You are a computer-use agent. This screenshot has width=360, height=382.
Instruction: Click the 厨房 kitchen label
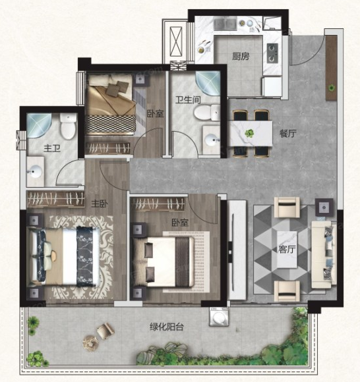pyautogui.click(x=241, y=57)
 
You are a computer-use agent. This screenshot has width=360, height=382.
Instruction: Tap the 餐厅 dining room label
pyautogui.click(x=288, y=133)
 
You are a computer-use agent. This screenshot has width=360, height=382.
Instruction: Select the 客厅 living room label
pyautogui.click(x=287, y=249)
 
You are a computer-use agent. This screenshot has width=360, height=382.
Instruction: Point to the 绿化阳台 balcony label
pyautogui.click(x=167, y=327)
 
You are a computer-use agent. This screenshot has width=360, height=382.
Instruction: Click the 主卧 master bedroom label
pyautogui.click(x=100, y=204)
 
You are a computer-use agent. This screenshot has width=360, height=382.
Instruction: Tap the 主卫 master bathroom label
pyautogui.click(x=52, y=148)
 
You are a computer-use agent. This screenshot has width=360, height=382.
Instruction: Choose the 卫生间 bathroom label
pyautogui.click(x=188, y=99)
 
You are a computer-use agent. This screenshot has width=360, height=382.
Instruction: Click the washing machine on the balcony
pyautogui.click(x=219, y=316)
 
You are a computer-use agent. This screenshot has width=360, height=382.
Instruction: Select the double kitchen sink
pyautogui.click(x=225, y=24)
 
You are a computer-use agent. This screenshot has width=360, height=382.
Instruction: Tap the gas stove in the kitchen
pyautogui.click(x=272, y=53)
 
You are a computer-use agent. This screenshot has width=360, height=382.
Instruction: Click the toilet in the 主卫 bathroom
pyautogui.click(x=68, y=126)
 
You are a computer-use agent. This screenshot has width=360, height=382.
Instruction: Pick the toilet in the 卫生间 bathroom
pyautogui.click(x=207, y=113)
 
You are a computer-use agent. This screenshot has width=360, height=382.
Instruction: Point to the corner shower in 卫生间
pyautogui.click(x=208, y=83)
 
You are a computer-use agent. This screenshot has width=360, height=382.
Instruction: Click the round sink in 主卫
pyautogui.click(x=34, y=172)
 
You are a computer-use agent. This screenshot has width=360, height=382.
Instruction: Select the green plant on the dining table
pyautogui.click(x=249, y=133)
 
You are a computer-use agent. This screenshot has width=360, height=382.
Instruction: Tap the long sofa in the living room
pyautogui.click(x=322, y=255)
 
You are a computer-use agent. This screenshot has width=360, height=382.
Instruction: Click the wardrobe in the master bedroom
pyautogui.click(x=55, y=199)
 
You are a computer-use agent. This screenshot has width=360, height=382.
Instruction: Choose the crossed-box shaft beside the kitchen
pyautogui.click(x=176, y=41)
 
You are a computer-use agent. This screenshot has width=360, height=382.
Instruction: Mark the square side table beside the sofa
pyautogui.click(x=324, y=207)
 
